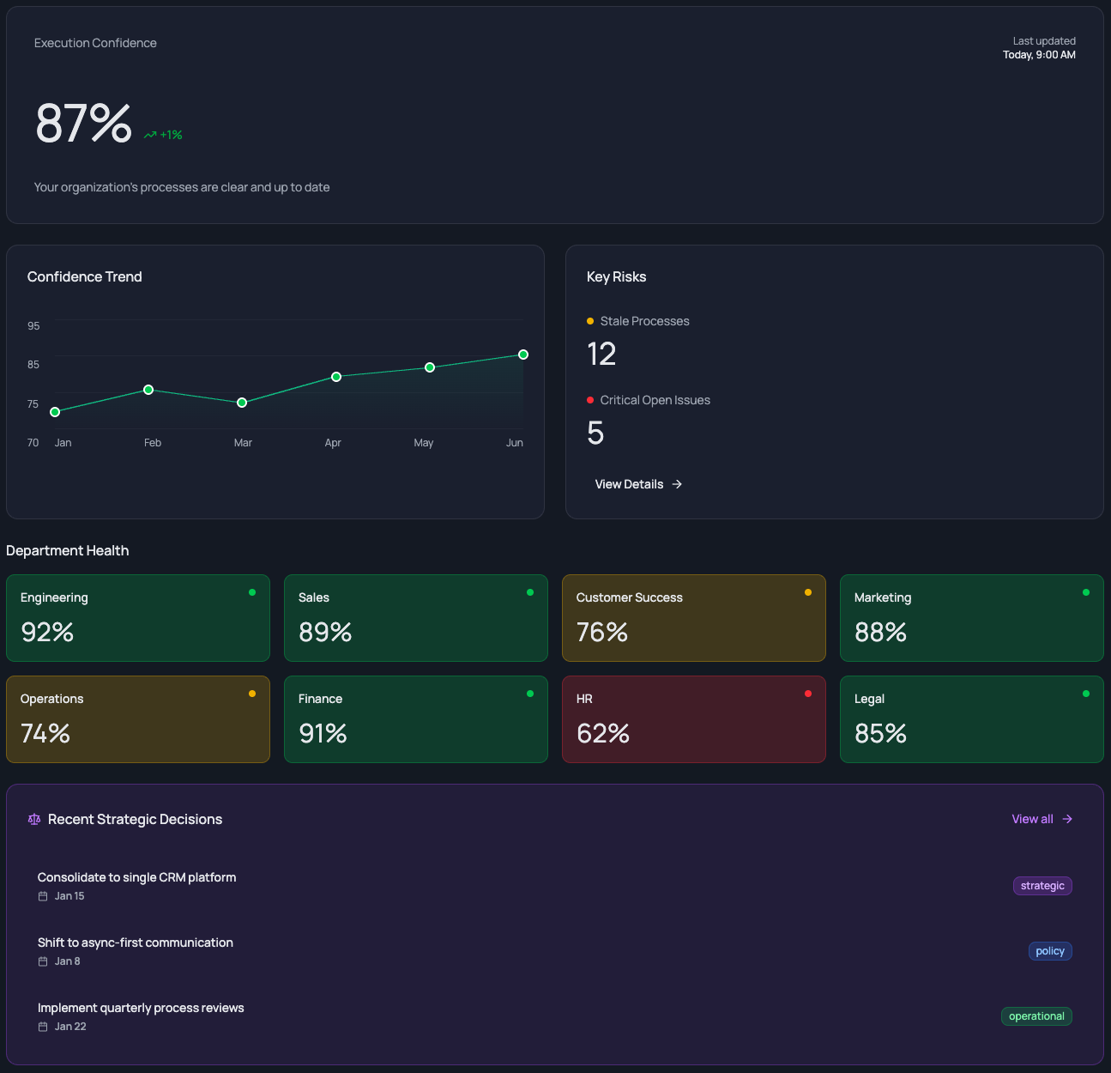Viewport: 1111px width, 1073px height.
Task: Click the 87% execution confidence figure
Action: tap(83, 124)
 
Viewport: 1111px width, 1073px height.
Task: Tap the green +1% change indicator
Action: tap(163, 135)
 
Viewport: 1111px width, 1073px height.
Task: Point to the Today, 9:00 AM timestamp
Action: tap(1039, 55)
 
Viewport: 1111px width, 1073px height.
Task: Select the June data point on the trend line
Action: tap(523, 355)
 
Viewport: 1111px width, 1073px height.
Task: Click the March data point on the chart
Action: tap(242, 403)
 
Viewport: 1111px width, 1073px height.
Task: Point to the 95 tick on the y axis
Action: tap(33, 326)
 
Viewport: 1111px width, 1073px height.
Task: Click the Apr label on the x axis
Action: tap(333, 443)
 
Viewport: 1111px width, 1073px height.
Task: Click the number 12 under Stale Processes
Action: tap(601, 355)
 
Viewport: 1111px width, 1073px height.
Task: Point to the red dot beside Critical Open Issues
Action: tap(590, 400)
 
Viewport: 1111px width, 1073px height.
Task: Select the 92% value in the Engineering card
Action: tap(47, 633)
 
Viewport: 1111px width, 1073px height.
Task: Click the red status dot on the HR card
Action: tap(808, 694)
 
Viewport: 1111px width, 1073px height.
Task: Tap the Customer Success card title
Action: tap(629, 597)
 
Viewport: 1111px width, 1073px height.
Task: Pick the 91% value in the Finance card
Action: tap(323, 734)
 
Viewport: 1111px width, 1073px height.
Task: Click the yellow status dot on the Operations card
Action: tap(252, 694)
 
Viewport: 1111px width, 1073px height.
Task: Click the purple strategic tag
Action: tap(1042, 886)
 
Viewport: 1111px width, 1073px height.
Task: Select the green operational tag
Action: tap(1036, 1016)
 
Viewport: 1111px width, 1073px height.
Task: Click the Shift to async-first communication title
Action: tap(136, 943)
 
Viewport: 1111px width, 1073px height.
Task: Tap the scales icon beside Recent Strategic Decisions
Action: tap(34, 820)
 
